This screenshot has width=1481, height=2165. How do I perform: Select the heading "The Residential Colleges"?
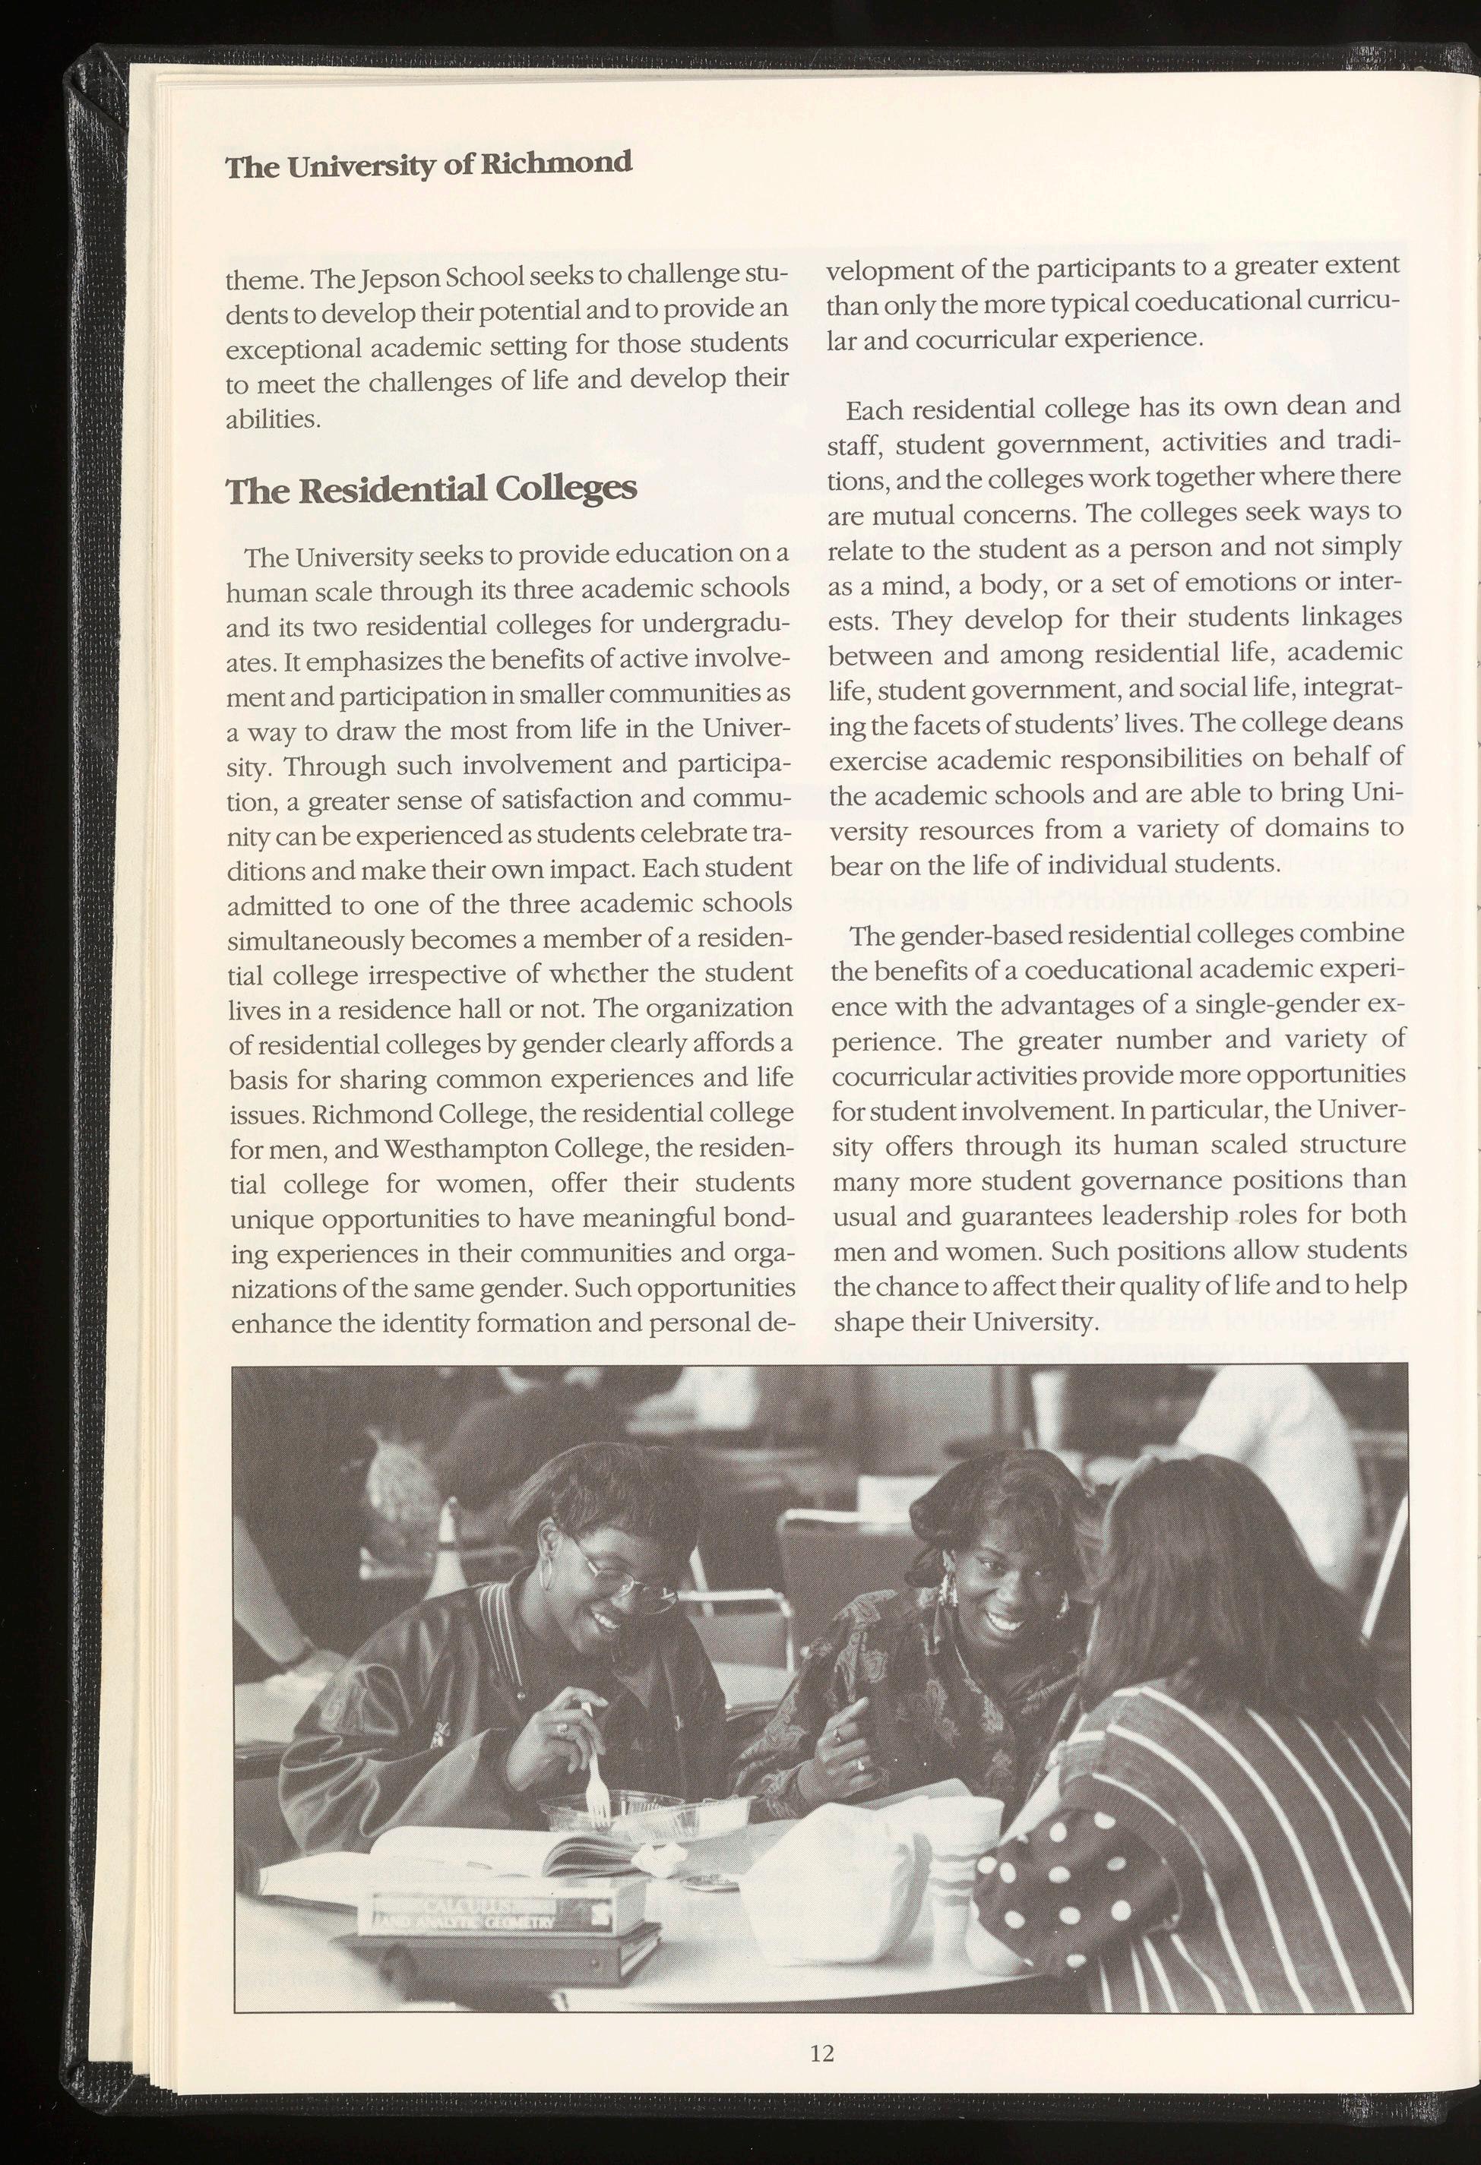click(x=432, y=488)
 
